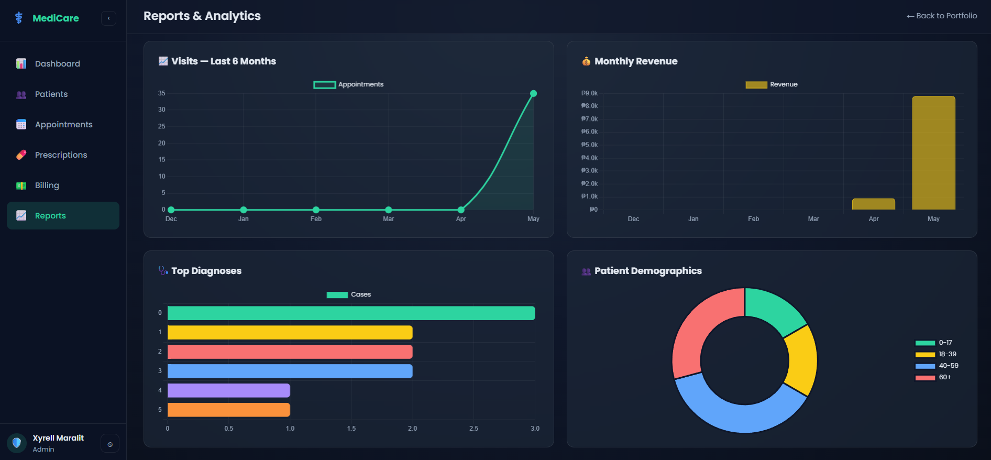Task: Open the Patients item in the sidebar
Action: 51,94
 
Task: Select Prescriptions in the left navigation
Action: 61,155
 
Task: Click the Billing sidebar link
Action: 47,185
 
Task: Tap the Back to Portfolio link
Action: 942,16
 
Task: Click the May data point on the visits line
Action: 533,94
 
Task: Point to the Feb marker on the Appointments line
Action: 316,210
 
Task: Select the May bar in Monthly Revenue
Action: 933,153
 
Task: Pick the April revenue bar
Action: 874,204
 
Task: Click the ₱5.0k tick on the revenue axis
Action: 589,145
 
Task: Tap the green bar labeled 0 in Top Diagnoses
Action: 351,313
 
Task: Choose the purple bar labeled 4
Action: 228,391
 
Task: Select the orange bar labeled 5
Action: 228,410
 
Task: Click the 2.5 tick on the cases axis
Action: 474,429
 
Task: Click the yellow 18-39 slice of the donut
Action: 802,360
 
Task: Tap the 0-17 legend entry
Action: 934,343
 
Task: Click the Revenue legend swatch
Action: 756,85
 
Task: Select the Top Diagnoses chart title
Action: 206,271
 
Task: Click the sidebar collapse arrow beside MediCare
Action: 109,18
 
